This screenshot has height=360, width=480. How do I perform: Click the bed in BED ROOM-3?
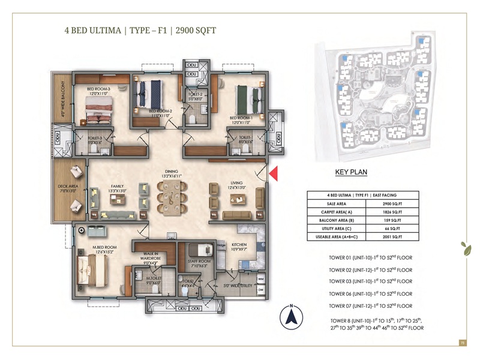(100, 111)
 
